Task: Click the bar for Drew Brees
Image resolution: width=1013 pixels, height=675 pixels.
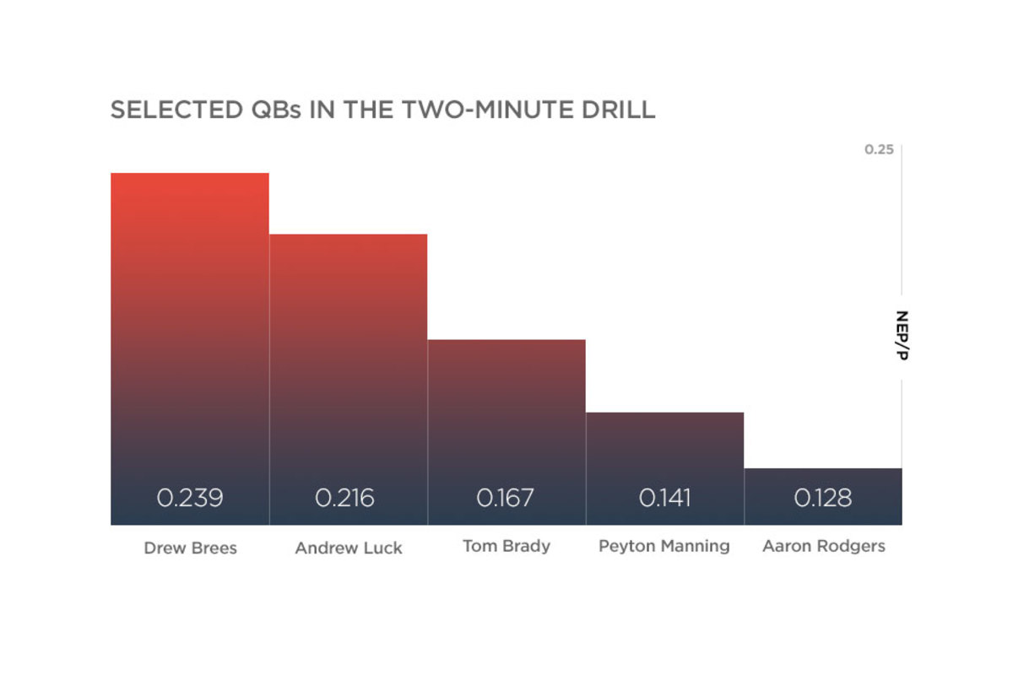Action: (x=190, y=348)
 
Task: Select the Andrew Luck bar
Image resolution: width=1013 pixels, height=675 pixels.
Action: (x=348, y=380)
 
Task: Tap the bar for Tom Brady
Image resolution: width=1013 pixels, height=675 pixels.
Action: (x=506, y=432)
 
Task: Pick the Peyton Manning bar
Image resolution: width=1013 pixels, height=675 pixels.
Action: (x=665, y=468)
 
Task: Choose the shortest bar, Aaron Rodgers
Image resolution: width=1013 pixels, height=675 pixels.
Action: (x=823, y=496)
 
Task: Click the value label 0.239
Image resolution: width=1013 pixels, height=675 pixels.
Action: (x=190, y=498)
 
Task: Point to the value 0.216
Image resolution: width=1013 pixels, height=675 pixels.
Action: (x=344, y=498)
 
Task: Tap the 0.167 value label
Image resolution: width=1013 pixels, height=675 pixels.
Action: (x=505, y=498)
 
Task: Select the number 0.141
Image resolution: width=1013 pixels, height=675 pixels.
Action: (x=665, y=498)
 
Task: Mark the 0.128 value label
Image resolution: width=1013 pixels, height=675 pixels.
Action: (x=823, y=498)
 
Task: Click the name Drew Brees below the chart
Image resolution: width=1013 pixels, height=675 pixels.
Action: (x=191, y=548)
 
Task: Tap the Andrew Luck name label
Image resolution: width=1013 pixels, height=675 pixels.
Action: (x=349, y=548)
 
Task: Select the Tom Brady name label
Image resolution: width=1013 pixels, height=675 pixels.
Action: (x=506, y=546)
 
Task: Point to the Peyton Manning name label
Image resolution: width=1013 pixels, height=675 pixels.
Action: (x=664, y=546)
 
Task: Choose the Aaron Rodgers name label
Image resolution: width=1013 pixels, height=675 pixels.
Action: (x=824, y=546)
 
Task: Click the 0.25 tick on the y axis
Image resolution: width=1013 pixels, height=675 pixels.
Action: (x=879, y=149)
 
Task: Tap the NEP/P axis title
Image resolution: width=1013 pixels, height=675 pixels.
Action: (x=902, y=335)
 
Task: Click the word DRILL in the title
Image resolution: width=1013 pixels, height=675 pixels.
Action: (x=619, y=110)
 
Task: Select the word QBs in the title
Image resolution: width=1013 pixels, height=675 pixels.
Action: (x=276, y=110)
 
